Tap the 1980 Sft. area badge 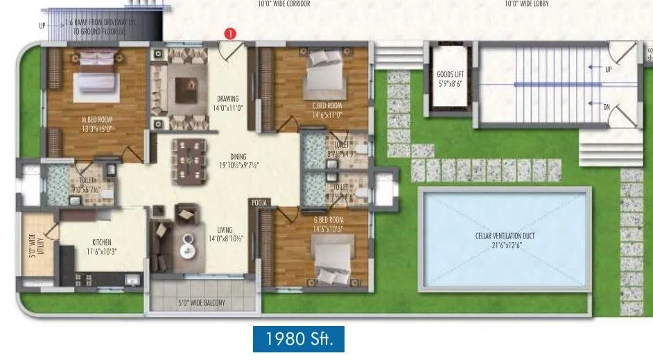point(298,339)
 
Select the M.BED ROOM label point(96,119)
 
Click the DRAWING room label point(227,98)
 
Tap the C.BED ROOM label point(327,105)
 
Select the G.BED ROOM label point(328,220)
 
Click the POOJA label point(259,203)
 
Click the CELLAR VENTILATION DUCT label point(505,236)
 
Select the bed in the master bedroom point(97,74)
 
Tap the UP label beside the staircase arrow point(608,69)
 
